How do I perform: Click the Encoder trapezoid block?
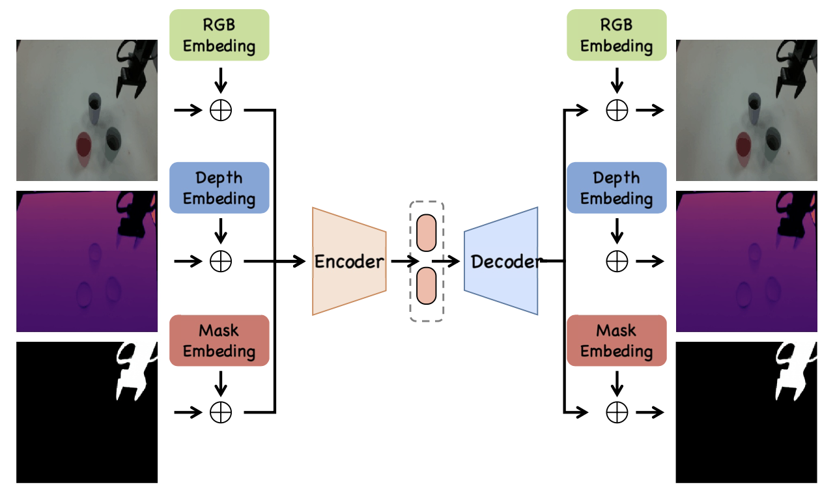pyautogui.click(x=349, y=261)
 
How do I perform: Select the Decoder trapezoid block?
pyautogui.click(x=501, y=261)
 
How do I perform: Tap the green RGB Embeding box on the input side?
pyautogui.click(x=219, y=35)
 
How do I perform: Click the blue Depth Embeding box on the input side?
pyautogui.click(x=219, y=188)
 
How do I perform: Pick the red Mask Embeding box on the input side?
pyautogui.click(x=219, y=341)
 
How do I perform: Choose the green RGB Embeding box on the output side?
pyautogui.click(x=617, y=35)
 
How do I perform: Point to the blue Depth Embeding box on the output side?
pyautogui.click(x=617, y=188)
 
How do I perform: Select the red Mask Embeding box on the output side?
pyautogui.click(x=617, y=341)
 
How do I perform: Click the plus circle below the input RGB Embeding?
pyautogui.click(x=221, y=110)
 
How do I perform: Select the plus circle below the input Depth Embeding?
pyautogui.click(x=221, y=262)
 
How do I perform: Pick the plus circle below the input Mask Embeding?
pyautogui.click(x=221, y=412)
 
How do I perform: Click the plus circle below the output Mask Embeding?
pyautogui.click(x=617, y=412)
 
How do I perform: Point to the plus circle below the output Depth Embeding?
pyautogui.click(x=617, y=262)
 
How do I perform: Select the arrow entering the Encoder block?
pyautogui.click(x=290, y=262)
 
